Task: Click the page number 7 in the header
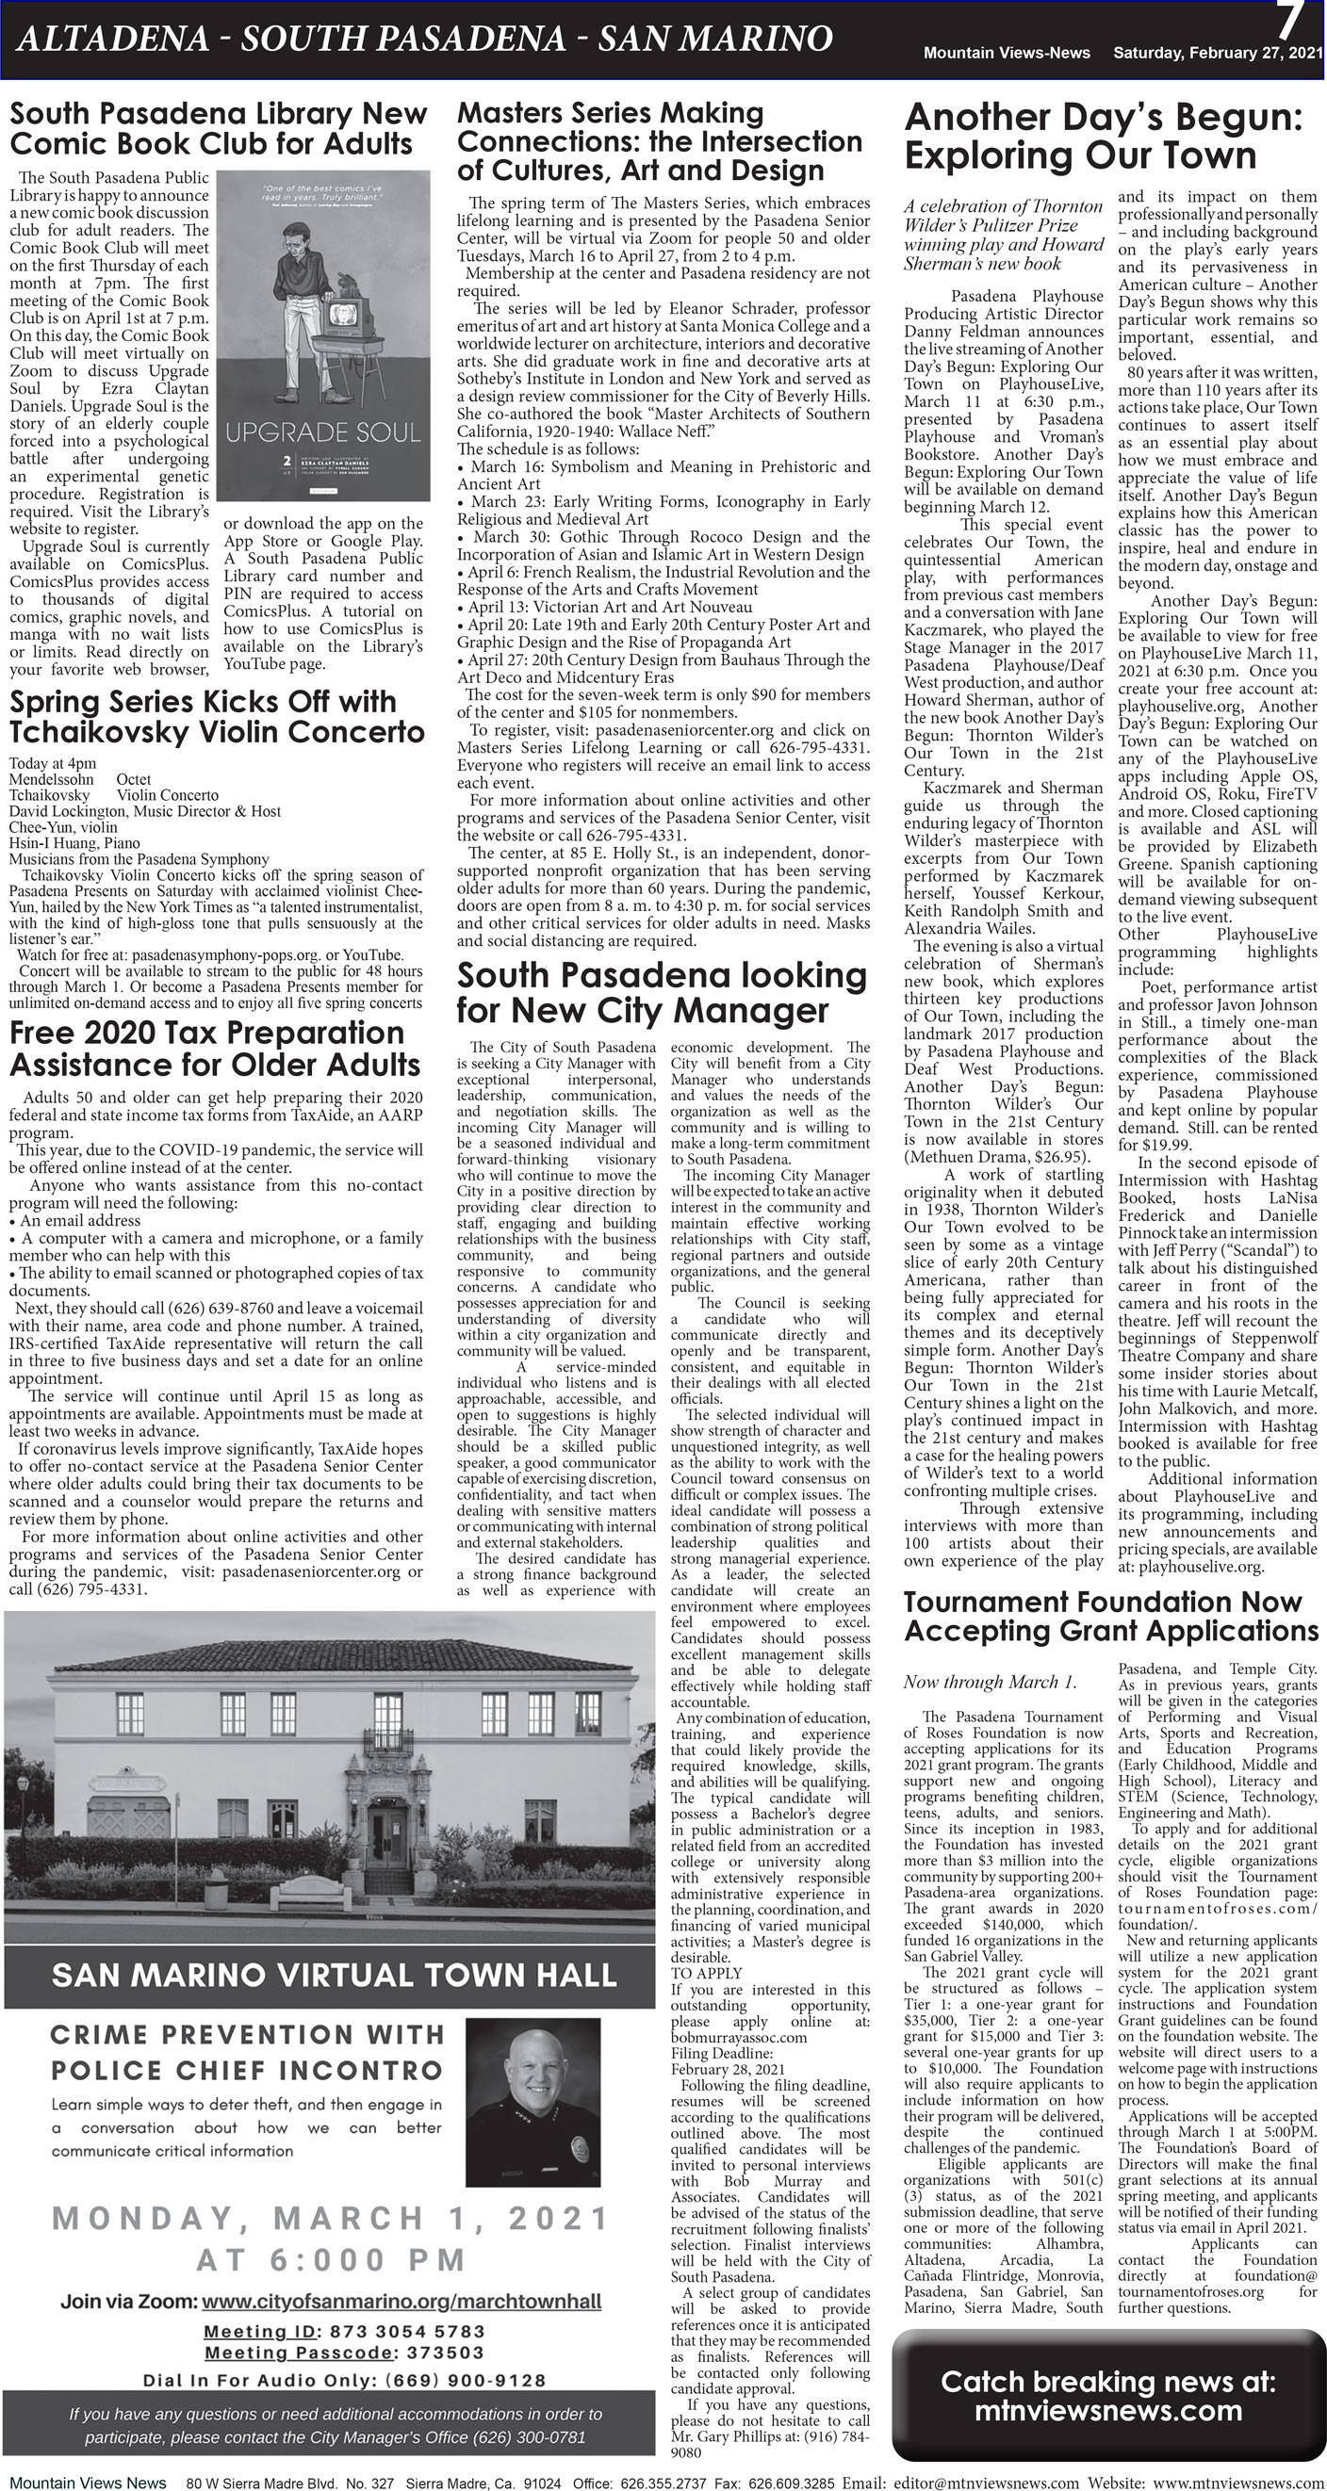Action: pos(1290,22)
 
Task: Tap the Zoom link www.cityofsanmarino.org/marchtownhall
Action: pos(401,2302)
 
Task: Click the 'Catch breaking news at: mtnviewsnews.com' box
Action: pos(1107,2396)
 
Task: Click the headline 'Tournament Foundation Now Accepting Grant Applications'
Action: pos(1110,1616)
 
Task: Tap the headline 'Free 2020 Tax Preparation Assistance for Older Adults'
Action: pos(215,1049)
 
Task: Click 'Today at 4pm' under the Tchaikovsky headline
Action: pos(52,763)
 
